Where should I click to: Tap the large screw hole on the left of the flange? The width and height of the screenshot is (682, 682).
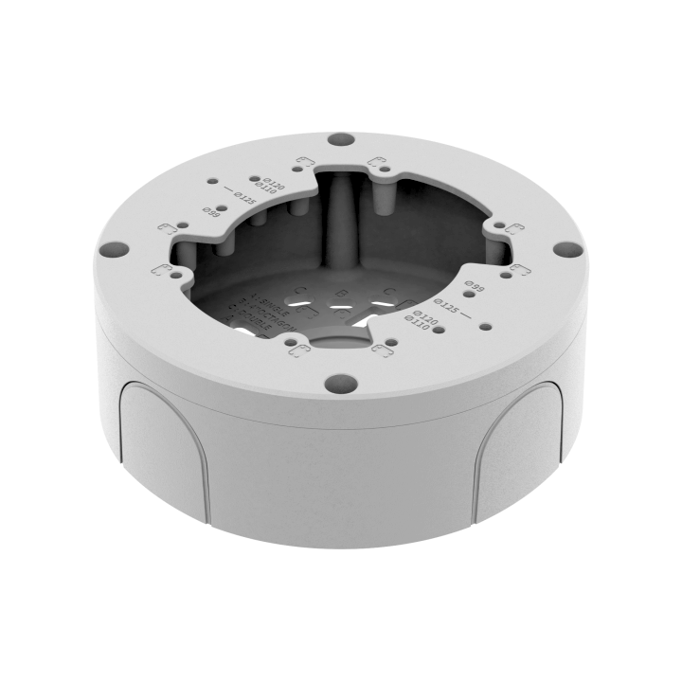[x=113, y=250]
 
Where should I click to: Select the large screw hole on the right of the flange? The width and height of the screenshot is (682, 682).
[x=565, y=250]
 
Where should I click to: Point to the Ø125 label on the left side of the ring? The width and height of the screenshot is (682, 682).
[x=245, y=199]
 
